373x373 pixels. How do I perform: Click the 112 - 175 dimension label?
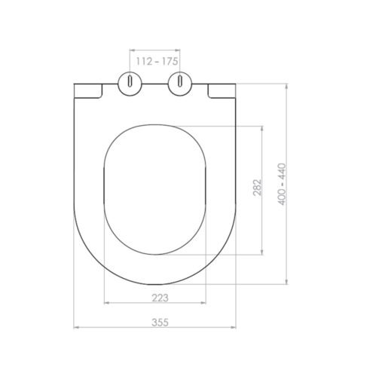click(157, 61)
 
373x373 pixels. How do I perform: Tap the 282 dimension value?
click(257, 187)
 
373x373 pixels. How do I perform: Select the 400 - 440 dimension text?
click(283, 184)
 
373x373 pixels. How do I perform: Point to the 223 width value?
click(160, 298)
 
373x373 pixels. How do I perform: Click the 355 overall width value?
click(160, 323)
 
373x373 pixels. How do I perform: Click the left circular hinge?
click(130, 84)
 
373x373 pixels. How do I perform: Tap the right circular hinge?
click(180, 84)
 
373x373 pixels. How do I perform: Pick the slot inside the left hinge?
click(130, 81)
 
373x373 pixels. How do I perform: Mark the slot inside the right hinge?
click(180, 81)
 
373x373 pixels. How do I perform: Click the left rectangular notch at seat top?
click(88, 90)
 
